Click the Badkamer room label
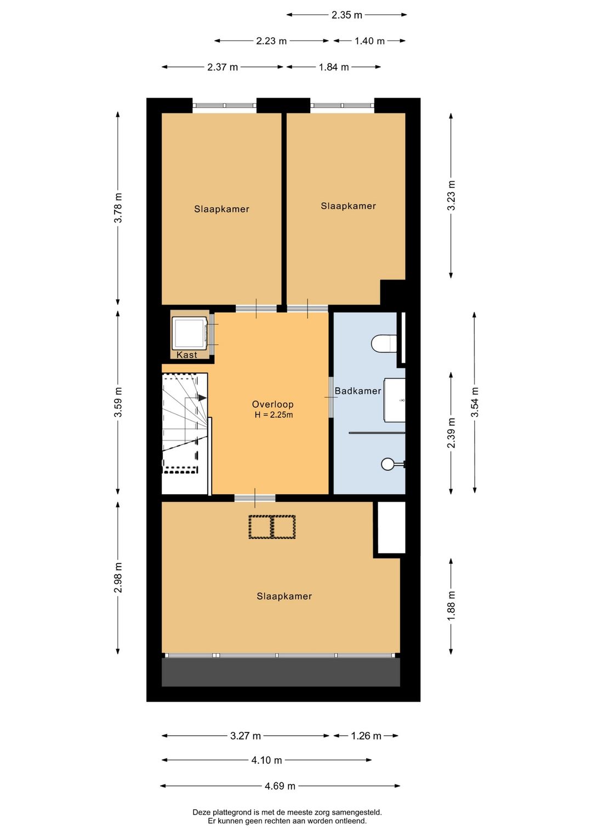[357, 391]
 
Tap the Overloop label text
[272, 404]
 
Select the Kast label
[187, 355]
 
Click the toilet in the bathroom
[384, 343]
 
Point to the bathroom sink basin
[395, 400]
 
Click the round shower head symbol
[388, 464]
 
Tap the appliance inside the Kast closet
[190, 333]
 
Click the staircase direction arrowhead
[202, 398]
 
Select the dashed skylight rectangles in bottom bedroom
[272, 526]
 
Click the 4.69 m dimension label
[280, 786]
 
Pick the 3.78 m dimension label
[118, 208]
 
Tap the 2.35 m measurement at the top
[346, 15]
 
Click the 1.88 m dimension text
[451, 606]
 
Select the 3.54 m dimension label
[475, 402]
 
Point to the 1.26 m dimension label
[366, 736]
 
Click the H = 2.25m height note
[274, 415]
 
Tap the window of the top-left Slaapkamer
[225, 105]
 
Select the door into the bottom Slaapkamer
[255, 498]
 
